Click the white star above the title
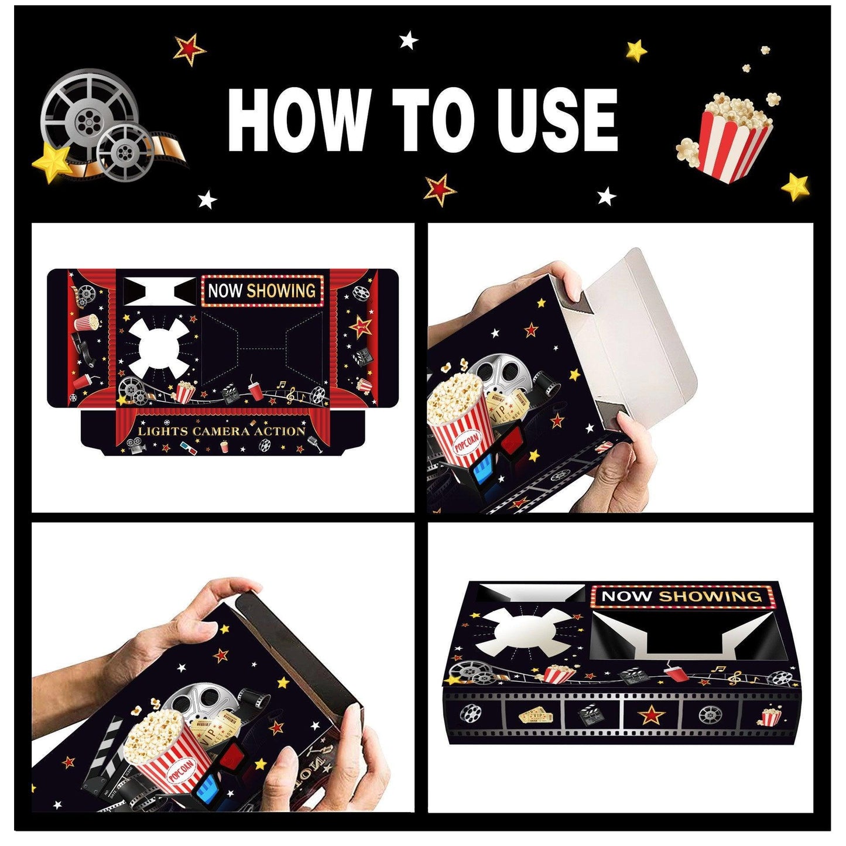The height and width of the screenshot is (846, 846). pos(408,40)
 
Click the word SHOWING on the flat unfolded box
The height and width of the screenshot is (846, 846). pos(280,290)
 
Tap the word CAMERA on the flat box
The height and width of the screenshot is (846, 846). pos(222,431)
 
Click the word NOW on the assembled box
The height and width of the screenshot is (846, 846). pos(626,596)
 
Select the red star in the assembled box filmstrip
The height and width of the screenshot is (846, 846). pos(650,715)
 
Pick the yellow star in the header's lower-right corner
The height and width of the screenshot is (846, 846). pos(796,187)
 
